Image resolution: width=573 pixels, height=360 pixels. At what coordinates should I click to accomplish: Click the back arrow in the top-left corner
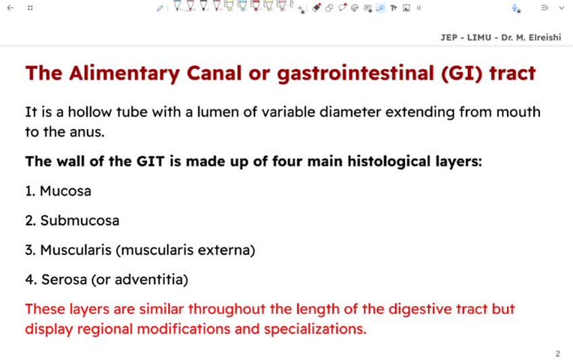click(x=9, y=7)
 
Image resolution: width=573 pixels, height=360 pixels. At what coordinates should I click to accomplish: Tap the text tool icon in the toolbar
click(x=393, y=7)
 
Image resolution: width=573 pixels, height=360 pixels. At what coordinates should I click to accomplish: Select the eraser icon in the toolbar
click(x=316, y=7)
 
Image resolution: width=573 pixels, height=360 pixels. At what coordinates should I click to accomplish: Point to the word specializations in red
click(x=316, y=328)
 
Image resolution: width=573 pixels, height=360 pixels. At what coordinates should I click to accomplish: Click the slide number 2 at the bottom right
click(x=557, y=353)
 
